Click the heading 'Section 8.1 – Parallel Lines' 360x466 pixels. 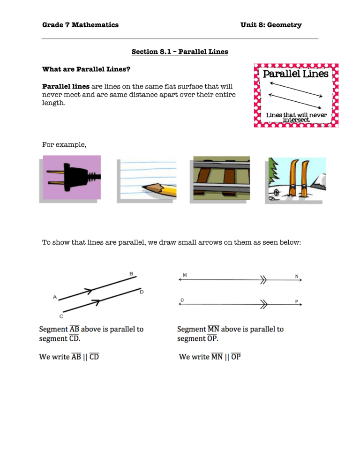click(180, 51)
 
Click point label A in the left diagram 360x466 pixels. click(55, 297)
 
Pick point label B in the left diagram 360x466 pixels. click(132, 273)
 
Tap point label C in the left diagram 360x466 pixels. click(61, 316)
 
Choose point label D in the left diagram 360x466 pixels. click(142, 292)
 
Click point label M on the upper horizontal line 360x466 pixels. click(185, 275)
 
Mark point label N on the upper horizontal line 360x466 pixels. click(297, 276)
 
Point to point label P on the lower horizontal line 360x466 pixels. click(297, 301)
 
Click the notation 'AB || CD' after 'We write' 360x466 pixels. click(85, 357)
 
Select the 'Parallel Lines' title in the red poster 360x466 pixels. click(295, 74)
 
